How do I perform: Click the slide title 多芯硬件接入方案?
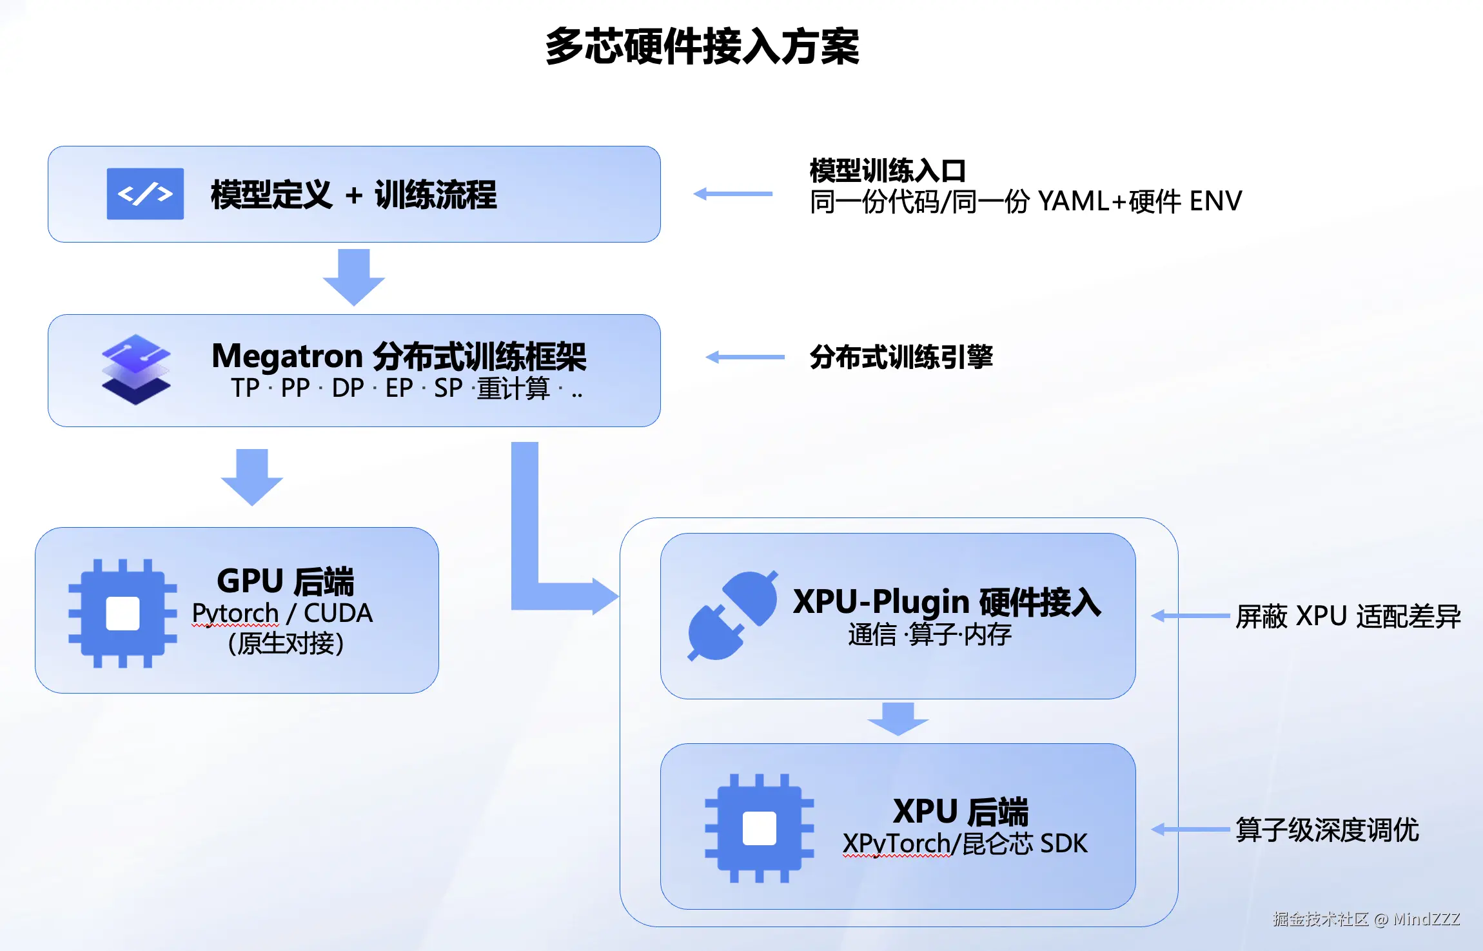[x=702, y=46]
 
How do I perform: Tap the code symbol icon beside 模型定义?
[x=145, y=194]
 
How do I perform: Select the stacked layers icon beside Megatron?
[x=136, y=369]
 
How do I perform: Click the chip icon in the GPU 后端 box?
[x=123, y=613]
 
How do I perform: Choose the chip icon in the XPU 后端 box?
[x=759, y=828]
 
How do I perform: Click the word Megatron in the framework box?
[x=288, y=356]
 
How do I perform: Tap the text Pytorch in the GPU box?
[x=235, y=613]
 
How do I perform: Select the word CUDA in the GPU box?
[x=338, y=613]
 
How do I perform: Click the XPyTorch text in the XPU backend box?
[x=896, y=844]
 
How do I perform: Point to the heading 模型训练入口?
[x=888, y=171]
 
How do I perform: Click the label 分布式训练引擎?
[x=901, y=357]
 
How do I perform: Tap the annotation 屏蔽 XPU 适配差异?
[x=1348, y=616]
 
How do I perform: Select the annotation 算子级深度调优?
[x=1328, y=830]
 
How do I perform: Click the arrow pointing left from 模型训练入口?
[x=732, y=194]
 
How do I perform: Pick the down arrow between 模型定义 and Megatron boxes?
[x=354, y=277]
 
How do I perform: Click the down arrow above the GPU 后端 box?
[x=252, y=477]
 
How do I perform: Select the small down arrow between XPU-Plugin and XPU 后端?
[x=898, y=719]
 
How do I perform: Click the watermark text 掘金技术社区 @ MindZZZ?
[x=1366, y=919]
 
